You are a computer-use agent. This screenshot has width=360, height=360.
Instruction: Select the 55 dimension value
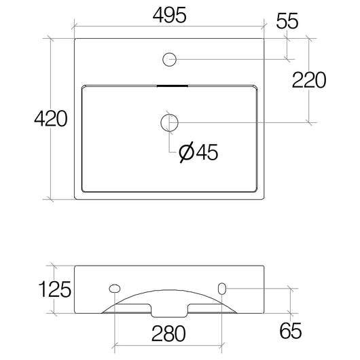pos(287,20)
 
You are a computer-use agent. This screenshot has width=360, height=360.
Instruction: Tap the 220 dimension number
pos(309,80)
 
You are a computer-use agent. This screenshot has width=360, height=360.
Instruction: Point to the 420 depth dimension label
pos(50,119)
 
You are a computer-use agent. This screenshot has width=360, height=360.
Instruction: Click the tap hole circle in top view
pos(169,60)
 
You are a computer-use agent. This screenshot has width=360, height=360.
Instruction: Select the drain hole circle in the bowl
pos(169,122)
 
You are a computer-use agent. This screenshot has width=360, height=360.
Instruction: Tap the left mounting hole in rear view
pos(115,289)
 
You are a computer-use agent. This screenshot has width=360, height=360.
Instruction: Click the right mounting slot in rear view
pos(221,289)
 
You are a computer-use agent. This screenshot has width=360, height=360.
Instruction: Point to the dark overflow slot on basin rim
pos(169,86)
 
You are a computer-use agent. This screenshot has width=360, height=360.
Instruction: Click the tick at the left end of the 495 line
pos(74,28)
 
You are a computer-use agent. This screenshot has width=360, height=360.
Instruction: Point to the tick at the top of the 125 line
pos(54,266)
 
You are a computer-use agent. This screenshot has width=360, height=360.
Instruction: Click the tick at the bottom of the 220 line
pos(310,122)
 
